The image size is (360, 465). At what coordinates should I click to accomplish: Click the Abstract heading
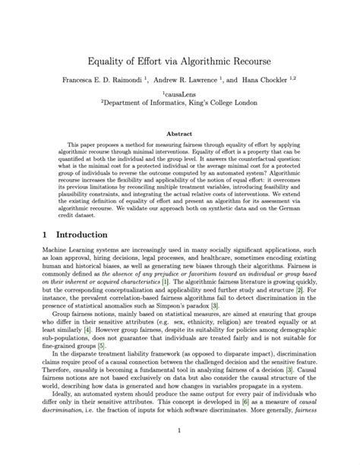pyautogui.click(x=180, y=134)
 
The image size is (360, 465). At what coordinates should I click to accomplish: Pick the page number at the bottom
pyautogui.click(x=180, y=433)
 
